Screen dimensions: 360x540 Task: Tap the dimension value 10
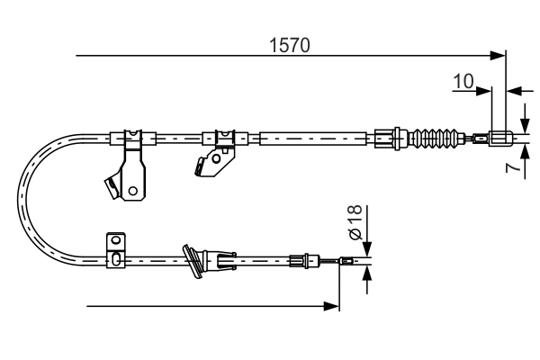[x=463, y=81]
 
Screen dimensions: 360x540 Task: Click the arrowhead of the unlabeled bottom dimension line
[x=333, y=307]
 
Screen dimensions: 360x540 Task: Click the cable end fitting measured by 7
[x=502, y=139]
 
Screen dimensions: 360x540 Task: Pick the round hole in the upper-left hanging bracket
[x=132, y=190]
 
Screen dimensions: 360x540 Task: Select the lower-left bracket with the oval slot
[x=115, y=252]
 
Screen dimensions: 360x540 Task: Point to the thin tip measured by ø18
[x=355, y=263]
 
